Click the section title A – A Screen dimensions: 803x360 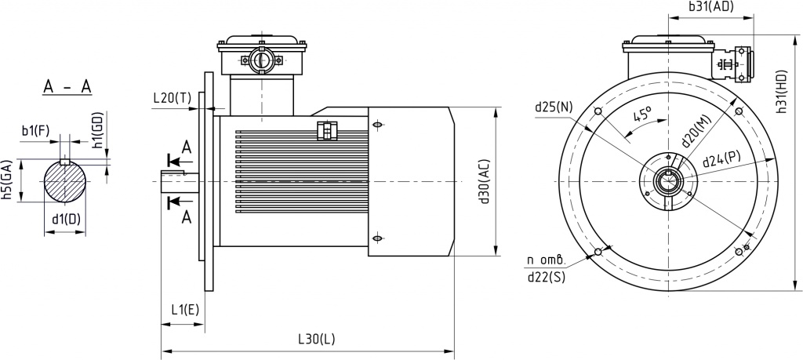(x=67, y=88)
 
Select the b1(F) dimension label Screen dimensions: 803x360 (x=35, y=130)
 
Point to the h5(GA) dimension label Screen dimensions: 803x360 (x=8, y=180)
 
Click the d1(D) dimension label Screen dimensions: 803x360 (x=66, y=219)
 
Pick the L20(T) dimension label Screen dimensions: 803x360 (x=172, y=98)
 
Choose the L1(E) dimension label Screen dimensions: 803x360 (x=185, y=310)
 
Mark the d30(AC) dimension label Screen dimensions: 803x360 (x=485, y=182)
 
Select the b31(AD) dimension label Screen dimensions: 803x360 (x=711, y=6)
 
